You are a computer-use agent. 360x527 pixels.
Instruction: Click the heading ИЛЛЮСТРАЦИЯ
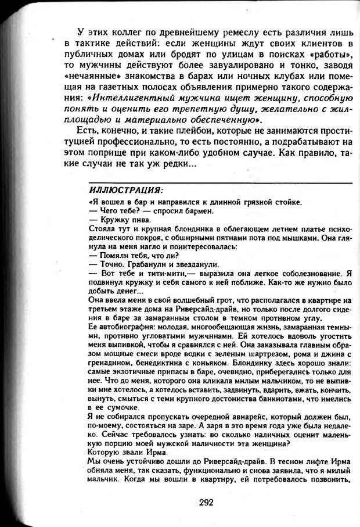(126, 190)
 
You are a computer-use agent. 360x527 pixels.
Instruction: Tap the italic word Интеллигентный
(139, 98)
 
